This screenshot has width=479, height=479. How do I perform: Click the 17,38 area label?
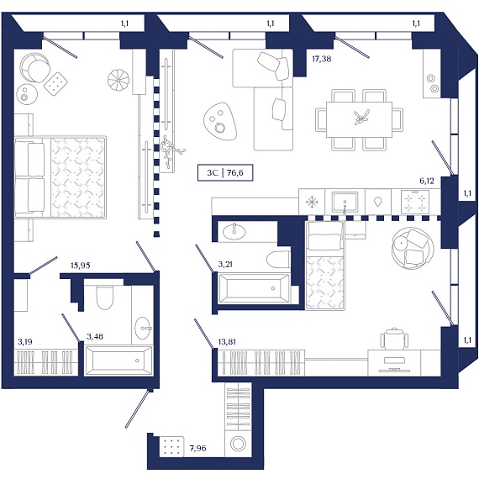(321, 59)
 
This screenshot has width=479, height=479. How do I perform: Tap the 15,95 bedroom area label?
(81, 266)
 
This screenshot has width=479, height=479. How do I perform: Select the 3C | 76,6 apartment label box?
(225, 173)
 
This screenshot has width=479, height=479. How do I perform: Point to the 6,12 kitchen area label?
(427, 181)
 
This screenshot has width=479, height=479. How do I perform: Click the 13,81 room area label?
(227, 341)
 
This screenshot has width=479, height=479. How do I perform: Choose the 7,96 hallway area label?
(197, 448)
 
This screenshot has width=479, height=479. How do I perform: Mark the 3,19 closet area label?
(24, 341)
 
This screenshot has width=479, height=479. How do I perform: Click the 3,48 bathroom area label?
(95, 336)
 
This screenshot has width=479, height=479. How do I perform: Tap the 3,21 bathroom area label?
(225, 264)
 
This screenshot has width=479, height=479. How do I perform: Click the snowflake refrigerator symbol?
(312, 202)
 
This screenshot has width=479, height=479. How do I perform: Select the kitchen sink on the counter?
(345, 203)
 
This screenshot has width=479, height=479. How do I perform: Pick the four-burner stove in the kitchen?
(415, 202)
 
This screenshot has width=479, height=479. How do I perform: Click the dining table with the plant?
(359, 120)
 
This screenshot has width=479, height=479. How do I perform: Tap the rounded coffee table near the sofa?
(220, 121)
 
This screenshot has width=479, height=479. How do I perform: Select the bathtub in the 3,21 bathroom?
(254, 288)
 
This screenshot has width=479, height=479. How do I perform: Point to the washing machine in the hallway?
(238, 444)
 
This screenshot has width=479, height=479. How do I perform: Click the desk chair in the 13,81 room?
(394, 338)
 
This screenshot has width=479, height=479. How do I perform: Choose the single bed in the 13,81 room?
(324, 266)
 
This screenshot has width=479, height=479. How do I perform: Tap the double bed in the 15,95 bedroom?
(61, 177)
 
